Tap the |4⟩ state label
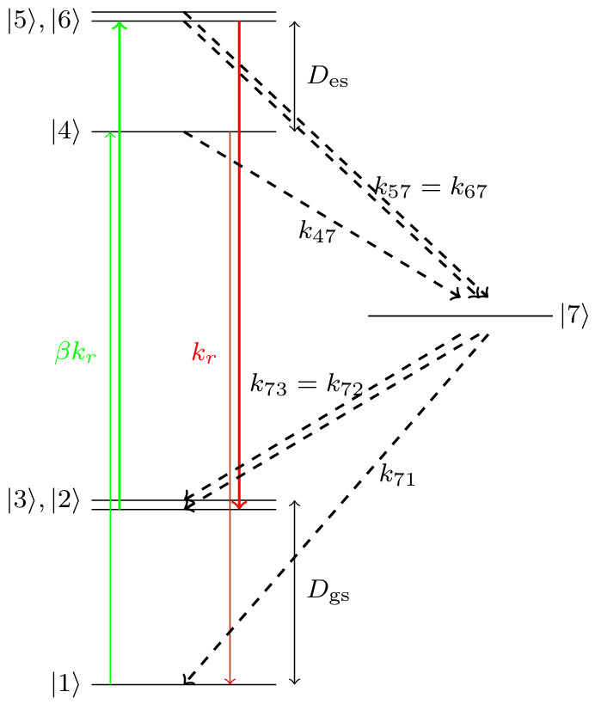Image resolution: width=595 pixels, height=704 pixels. pyautogui.click(x=65, y=132)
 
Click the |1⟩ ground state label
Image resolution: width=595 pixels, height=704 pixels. pyautogui.click(x=65, y=685)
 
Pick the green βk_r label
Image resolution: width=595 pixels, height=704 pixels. pyautogui.click(x=75, y=353)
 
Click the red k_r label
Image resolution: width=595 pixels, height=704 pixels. pyautogui.click(x=204, y=353)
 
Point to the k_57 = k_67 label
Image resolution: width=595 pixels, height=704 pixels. pyautogui.click(x=432, y=188)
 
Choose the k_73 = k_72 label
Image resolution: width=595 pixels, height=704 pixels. pyautogui.click(x=306, y=384)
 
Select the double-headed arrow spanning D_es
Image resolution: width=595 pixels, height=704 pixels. pyautogui.click(x=295, y=77)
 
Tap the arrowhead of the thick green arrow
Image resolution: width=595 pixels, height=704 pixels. pyautogui.click(x=119, y=23)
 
